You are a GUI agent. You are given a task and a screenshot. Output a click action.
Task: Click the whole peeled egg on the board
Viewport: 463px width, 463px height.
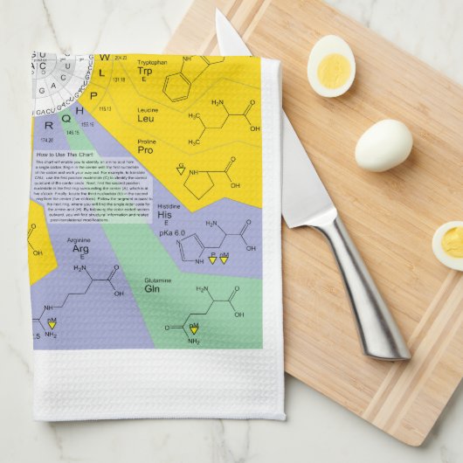coord(383,144)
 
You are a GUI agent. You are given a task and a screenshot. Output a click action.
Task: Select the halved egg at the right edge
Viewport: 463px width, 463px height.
coord(448,244)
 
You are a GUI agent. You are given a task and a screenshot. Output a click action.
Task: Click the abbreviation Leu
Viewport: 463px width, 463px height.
coord(146,119)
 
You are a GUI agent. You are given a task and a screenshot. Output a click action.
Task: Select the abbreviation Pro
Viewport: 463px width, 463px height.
coord(146,162)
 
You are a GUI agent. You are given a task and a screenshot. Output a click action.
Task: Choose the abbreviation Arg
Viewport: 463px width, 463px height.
coord(80,249)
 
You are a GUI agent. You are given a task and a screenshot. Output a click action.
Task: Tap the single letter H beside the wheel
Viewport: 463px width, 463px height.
coord(79,110)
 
